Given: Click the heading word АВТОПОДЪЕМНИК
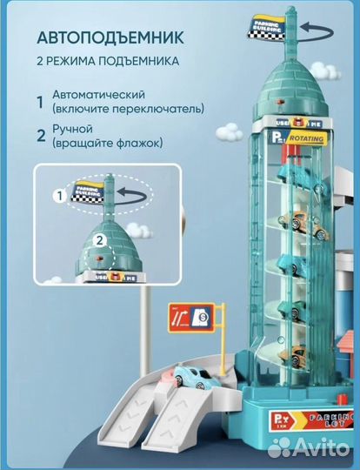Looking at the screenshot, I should (110, 38).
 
